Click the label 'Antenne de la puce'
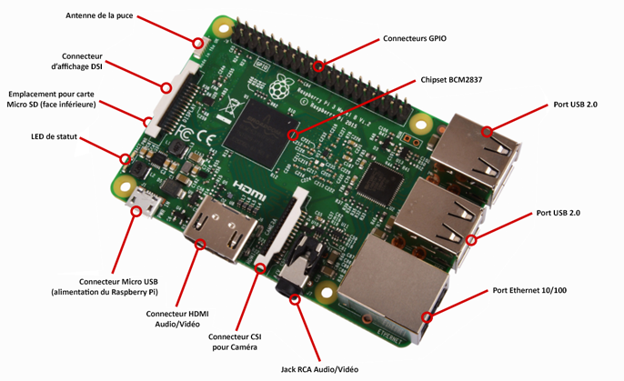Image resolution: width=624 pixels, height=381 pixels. tap(99, 15)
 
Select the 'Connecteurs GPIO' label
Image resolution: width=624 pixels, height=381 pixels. tap(415, 38)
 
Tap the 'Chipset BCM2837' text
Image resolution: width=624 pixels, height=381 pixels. tap(451, 80)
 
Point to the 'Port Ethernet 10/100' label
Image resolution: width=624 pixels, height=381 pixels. tap(529, 290)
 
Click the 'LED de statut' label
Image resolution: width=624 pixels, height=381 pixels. tap(55, 136)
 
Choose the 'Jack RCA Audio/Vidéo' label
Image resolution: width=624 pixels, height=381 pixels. tap(319, 369)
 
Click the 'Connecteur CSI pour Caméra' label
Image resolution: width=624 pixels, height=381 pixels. tap(235, 342)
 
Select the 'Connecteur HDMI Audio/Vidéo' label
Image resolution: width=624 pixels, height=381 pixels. tap(177, 319)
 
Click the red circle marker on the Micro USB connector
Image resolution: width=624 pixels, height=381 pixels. tap(136, 211)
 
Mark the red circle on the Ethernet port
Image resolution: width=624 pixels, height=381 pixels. tap(427, 317)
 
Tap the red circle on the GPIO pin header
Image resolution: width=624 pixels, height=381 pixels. tap(318, 66)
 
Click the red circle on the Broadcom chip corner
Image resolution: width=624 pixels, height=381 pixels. tap(293, 135)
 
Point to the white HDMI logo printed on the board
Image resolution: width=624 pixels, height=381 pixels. tap(249, 190)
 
